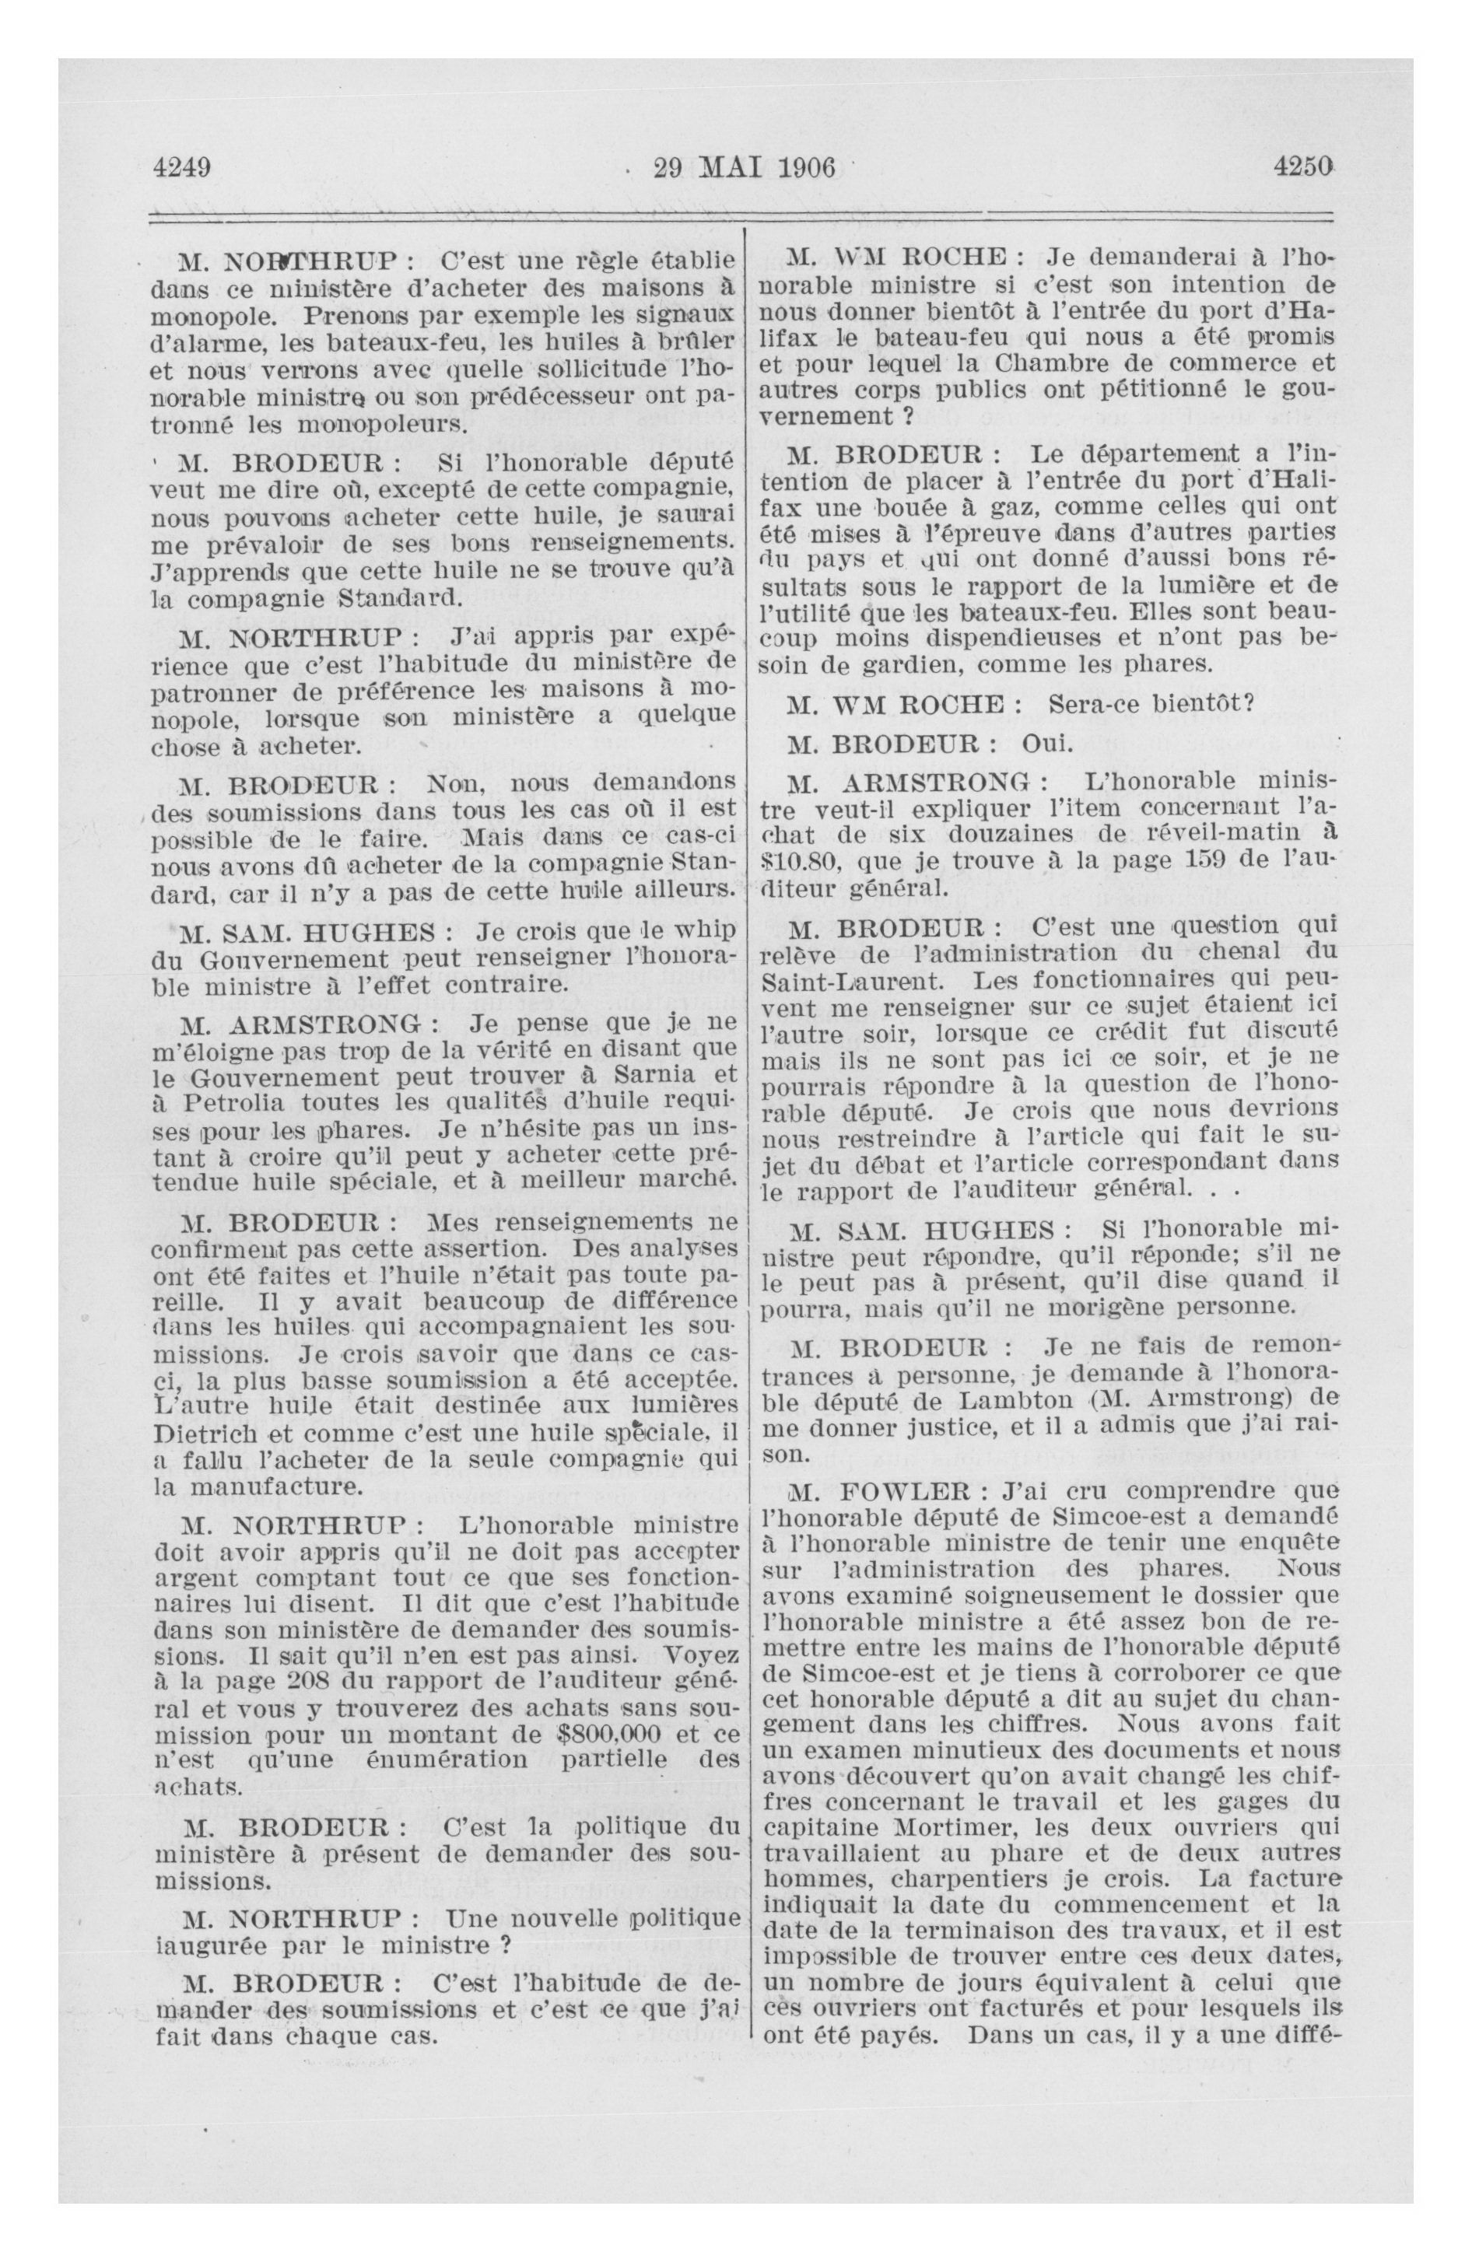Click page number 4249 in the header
(180, 168)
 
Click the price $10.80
(809, 862)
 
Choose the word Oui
(1047, 743)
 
